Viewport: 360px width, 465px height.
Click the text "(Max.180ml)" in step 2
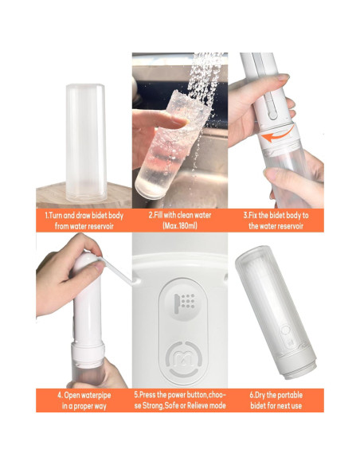[x=179, y=226]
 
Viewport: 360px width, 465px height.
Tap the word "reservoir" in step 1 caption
[x=97, y=226]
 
